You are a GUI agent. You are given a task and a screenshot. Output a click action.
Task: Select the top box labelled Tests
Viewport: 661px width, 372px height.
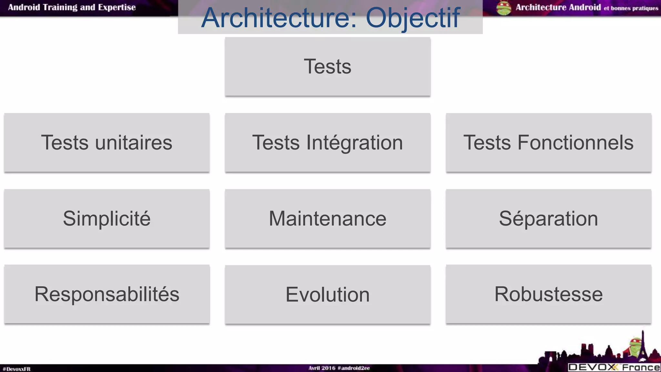click(328, 67)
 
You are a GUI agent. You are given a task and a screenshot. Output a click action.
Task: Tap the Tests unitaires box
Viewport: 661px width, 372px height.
click(107, 142)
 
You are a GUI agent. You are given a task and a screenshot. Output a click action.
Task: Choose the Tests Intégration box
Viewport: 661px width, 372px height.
click(328, 142)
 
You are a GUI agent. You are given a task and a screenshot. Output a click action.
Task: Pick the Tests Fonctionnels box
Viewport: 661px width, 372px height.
click(548, 142)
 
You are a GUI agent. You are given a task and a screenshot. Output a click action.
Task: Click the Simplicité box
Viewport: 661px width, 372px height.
click(107, 219)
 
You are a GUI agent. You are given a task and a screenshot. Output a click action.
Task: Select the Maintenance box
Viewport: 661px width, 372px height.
click(328, 219)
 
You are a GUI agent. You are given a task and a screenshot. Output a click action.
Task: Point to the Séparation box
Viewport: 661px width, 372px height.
click(548, 219)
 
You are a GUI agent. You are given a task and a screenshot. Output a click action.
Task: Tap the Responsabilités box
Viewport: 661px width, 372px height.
click(107, 294)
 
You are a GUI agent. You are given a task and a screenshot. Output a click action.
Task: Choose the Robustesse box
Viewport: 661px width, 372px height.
click(548, 294)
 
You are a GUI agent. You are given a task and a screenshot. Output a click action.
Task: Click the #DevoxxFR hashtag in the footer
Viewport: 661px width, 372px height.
click(16, 369)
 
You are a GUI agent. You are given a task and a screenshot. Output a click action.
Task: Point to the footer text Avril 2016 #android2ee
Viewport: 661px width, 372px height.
click(339, 368)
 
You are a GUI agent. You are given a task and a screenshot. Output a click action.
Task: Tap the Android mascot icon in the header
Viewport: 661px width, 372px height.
click(504, 8)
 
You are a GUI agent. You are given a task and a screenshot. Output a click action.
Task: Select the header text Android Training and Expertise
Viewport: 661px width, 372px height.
click(72, 7)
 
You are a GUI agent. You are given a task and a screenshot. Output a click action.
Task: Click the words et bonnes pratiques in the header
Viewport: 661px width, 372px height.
click(631, 8)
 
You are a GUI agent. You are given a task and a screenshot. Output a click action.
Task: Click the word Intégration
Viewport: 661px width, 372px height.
click(354, 142)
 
